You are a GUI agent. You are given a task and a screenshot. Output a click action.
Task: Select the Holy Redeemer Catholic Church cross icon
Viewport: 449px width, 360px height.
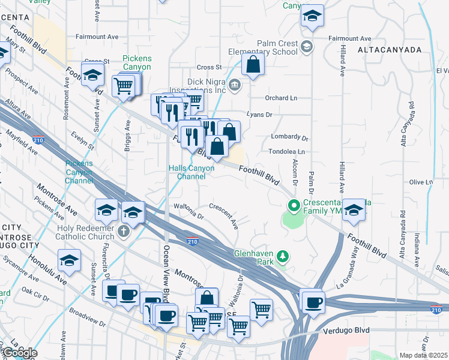[124, 231]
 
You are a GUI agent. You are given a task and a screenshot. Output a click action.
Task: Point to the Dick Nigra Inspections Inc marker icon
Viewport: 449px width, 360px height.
[235, 84]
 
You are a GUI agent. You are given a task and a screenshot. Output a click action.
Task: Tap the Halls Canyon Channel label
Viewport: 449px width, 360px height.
[190, 172]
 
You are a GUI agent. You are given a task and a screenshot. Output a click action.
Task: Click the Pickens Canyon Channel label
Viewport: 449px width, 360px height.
[79, 172]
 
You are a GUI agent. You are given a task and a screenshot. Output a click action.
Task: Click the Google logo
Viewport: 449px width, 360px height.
[19, 353]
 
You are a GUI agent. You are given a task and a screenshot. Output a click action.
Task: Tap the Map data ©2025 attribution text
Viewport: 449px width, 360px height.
[423, 355]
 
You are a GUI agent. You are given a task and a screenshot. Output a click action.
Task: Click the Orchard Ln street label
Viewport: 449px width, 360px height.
[281, 98]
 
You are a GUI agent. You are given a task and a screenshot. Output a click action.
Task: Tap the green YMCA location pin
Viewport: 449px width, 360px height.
[294, 206]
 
